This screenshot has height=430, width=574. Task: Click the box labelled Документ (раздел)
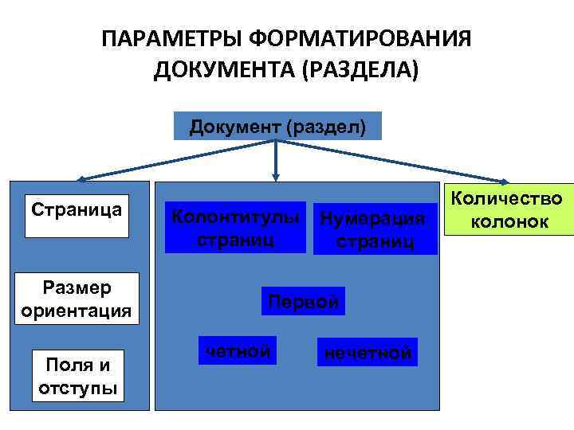tap(277, 127)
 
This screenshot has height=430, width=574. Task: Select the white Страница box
tap(77, 215)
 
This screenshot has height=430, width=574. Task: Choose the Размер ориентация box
tap(77, 298)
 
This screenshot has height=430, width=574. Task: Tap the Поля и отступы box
tap(77, 376)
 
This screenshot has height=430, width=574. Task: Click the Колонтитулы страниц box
tap(236, 228)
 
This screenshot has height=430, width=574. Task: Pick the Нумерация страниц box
tap(375, 229)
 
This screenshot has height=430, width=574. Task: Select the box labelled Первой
tap(304, 302)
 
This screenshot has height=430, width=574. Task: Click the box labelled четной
tap(238, 351)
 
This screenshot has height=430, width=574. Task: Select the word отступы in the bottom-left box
tap(77, 389)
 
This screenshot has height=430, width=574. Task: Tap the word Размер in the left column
tap(77, 287)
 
